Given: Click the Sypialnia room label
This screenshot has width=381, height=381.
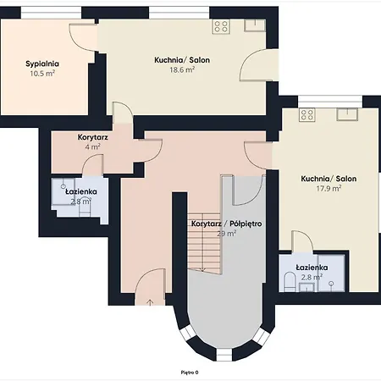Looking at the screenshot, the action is (x=42, y=63).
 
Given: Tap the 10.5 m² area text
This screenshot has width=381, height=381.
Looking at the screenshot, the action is (x=42, y=74).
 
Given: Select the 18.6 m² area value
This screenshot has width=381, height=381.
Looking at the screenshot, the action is (x=182, y=69).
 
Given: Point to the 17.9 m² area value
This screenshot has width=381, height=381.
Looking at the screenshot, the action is (x=329, y=188).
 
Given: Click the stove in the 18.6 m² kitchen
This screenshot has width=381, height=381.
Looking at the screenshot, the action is (x=221, y=26).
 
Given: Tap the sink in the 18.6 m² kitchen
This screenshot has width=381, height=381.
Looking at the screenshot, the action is (x=255, y=25).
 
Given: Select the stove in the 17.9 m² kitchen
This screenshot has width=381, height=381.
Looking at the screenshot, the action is (x=307, y=115).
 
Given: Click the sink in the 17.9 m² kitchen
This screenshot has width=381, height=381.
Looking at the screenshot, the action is (x=347, y=114).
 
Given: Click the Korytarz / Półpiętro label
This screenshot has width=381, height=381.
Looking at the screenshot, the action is (x=227, y=224).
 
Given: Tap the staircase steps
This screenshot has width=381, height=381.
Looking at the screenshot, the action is (x=204, y=243).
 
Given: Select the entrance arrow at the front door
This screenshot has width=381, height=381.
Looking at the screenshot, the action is (x=150, y=302).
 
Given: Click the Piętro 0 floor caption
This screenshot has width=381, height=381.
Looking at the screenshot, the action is (x=190, y=373).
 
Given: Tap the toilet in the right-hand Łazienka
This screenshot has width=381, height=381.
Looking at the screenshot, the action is (x=290, y=281).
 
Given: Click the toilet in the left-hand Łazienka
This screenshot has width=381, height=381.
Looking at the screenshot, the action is (x=85, y=210).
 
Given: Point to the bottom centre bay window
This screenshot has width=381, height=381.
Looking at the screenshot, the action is (x=224, y=355).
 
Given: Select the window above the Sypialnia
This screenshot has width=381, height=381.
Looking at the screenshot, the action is (x=52, y=13).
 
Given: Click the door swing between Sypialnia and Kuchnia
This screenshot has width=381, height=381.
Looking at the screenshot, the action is (x=84, y=37).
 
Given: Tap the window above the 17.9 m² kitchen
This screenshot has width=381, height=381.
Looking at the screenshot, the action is (x=330, y=102).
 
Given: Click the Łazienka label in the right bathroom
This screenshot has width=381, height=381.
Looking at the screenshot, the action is (x=312, y=268).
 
